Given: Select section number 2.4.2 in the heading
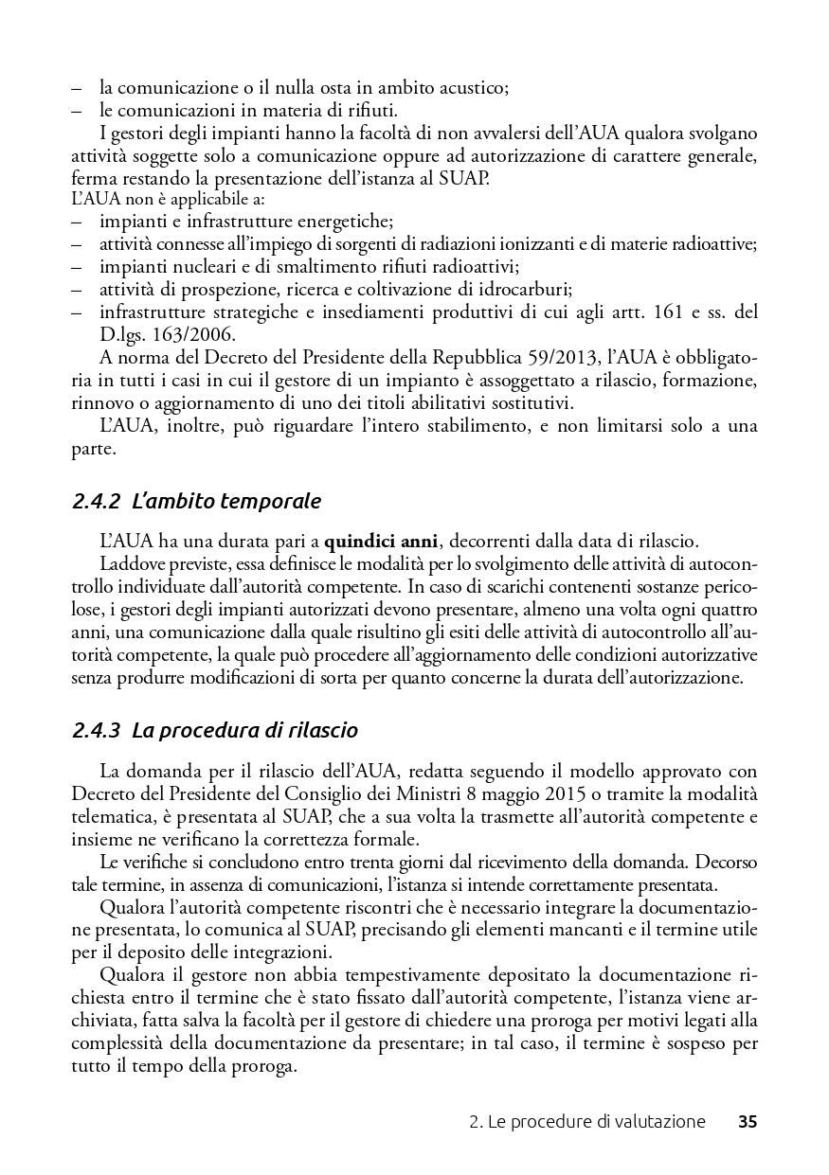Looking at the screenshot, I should (96, 501).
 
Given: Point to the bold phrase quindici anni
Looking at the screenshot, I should (381, 543).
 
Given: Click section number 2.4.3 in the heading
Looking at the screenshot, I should (96, 730).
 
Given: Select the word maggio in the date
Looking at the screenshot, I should (508, 793).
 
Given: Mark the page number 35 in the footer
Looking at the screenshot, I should (748, 1123).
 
